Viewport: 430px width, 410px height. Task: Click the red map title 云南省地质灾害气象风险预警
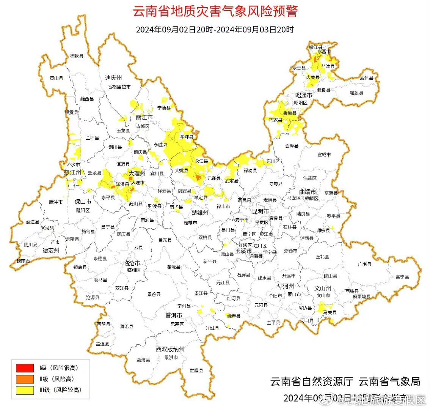click(215, 11)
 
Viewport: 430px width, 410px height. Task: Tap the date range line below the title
click(215, 30)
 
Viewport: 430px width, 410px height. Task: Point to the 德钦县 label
click(77, 56)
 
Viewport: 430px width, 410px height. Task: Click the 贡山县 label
click(56, 78)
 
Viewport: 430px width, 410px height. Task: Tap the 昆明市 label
click(261, 211)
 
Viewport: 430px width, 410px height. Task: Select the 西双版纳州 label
click(170, 349)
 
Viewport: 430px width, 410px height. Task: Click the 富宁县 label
click(402, 277)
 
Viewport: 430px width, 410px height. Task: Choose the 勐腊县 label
click(197, 370)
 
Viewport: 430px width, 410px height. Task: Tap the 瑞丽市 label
click(24, 261)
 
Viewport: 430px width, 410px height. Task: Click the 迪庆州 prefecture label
click(113, 77)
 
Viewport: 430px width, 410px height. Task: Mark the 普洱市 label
click(174, 315)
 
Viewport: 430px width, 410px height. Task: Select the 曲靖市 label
click(308, 192)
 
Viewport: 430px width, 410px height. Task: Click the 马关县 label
click(330, 312)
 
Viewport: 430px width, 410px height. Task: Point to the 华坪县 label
click(187, 137)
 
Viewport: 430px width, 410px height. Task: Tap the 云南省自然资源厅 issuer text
click(312, 382)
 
